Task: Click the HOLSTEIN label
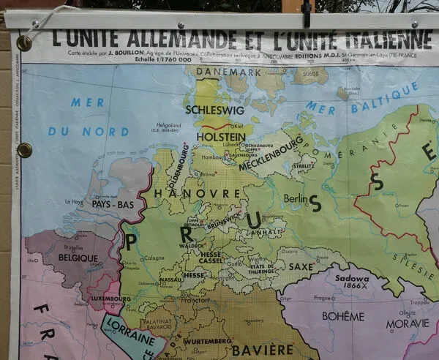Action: [220, 137]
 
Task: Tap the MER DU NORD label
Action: [88, 117]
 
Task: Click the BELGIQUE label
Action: [78, 258]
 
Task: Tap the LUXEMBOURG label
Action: [110, 299]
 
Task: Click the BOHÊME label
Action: [342, 317]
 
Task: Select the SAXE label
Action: [301, 268]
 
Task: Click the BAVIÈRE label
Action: [262, 350]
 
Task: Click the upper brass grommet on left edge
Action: [23, 44]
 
